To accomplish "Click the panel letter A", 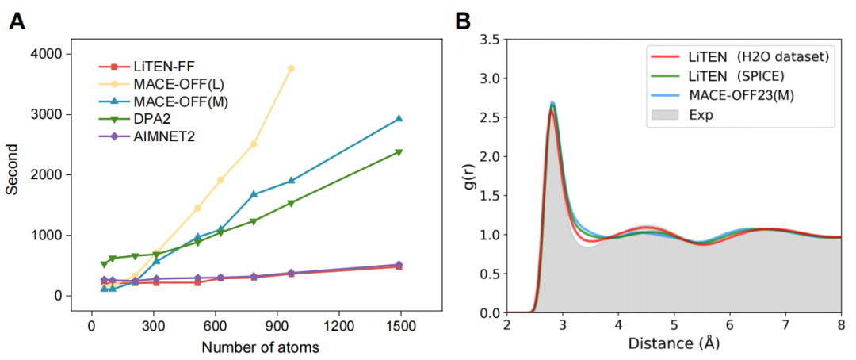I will point(17,21).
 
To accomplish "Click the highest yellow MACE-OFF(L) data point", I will point(291,69).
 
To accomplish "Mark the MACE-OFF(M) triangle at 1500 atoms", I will point(399,118).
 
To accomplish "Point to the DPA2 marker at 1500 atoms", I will point(399,152).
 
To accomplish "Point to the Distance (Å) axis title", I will point(672,345).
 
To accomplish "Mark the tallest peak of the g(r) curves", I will point(552,104).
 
